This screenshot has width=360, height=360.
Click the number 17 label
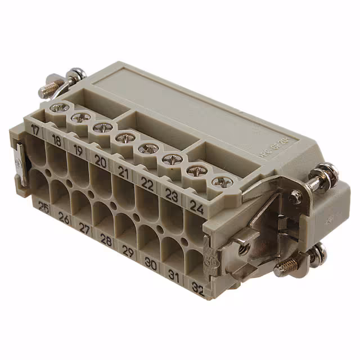pyautogui.click(x=37, y=130)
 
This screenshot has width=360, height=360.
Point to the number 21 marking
pyautogui.click(x=124, y=173)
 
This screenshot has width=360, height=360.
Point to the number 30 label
pyautogui.click(x=151, y=263)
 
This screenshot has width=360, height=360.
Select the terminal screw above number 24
pyautogui.click(x=218, y=182)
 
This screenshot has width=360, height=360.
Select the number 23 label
pyautogui.click(x=171, y=195)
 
